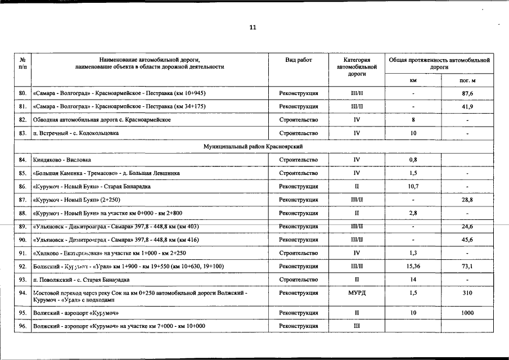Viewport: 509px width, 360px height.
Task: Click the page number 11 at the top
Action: point(253,28)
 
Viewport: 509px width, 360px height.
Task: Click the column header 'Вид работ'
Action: point(299,60)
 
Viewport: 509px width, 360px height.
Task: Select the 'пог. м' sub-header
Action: point(467,80)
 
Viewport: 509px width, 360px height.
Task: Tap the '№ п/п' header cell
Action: point(22,63)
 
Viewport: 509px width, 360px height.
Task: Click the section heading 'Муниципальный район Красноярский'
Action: point(253,146)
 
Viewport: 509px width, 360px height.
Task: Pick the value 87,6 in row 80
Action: point(467,93)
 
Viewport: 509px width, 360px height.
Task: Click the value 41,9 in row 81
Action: point(467,106)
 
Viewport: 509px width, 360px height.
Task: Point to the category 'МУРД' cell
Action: point(357,293)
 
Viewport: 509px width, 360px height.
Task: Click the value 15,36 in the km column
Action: point(413,267)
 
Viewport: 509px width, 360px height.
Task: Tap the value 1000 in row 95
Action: point(467,313)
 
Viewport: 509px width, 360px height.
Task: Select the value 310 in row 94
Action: point(467,293)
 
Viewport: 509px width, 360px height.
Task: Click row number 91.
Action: point(22,253)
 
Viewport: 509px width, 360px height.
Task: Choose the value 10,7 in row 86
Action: point(413,186)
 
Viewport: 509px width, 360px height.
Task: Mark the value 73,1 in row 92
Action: point(467,267)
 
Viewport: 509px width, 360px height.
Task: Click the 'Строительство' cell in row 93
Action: point(299,280)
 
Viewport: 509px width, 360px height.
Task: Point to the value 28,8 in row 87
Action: point(467,200)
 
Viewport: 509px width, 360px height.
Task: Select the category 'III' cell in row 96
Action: point(357,326)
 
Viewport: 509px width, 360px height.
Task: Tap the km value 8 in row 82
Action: point(413,120)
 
